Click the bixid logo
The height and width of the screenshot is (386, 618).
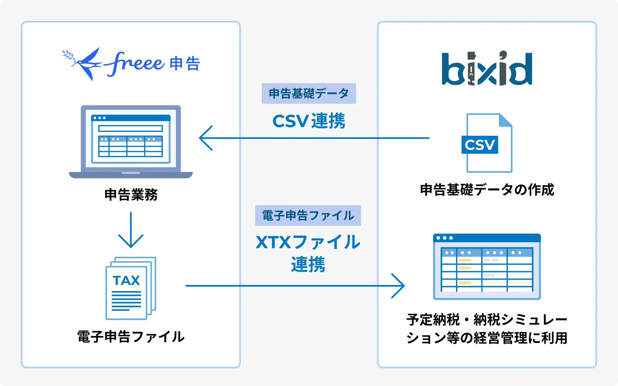click(487, 69)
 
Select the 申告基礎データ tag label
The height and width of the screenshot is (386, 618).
click(309, 94)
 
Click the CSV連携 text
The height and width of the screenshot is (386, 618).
click(309, 121)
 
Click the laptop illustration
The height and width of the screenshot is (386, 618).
click(131, 142)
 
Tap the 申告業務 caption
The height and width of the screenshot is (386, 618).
click(131, 195)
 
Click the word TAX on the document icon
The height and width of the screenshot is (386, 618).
click(126, 280)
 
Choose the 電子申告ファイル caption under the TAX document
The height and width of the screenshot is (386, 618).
click(131, 337)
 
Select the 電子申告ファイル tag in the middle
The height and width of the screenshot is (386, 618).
click(308, 216)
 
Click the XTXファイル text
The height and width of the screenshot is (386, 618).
click(308, 242)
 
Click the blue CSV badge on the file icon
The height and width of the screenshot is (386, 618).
click(480, 145)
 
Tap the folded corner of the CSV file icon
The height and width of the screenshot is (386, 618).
click(506, 120)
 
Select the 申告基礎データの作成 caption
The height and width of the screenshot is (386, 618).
click(487, 190)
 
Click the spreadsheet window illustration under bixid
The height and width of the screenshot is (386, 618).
click(487, 267)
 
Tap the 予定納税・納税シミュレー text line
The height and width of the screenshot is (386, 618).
click(487, 320)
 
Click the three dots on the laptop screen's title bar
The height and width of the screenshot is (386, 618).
click(99, 118)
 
